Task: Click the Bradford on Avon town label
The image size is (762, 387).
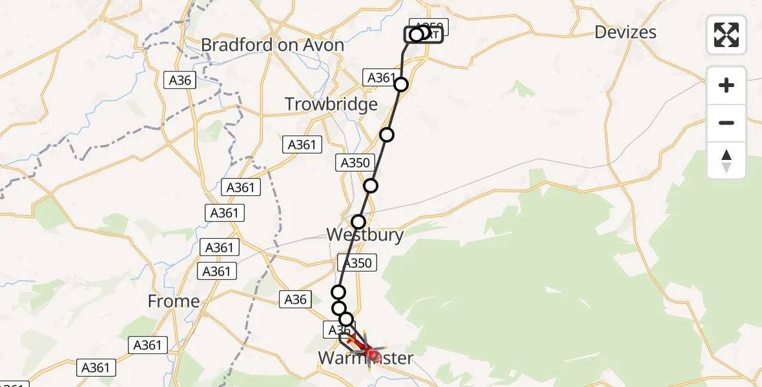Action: tap(273, 45)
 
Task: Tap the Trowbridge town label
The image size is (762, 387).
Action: tap(331, 104)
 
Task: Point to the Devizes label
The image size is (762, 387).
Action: tap(625, 32)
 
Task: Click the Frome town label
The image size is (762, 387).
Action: tap(174, 301)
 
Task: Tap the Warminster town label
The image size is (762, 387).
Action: tap(366, 358)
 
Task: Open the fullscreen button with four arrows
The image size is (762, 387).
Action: tap(726, 35)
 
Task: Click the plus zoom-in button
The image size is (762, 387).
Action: tap(726, 85)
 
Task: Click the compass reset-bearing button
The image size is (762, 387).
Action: tap(726, 161)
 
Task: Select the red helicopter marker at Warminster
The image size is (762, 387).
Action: tap(368, 352)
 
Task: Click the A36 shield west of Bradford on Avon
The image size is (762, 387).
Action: tap(180, 80)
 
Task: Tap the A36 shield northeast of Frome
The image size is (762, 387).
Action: tap(296, 299)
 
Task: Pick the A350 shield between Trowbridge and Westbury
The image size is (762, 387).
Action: tap(355, 163)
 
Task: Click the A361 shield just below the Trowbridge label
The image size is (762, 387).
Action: tap(302, 144)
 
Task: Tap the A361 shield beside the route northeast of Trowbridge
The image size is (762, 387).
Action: tap(381, 78)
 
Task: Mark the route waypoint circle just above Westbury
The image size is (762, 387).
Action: tap(358, 222)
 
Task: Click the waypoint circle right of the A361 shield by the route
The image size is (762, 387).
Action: tap(401, 84)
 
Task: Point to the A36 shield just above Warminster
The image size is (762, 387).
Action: tap(339, 330)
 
